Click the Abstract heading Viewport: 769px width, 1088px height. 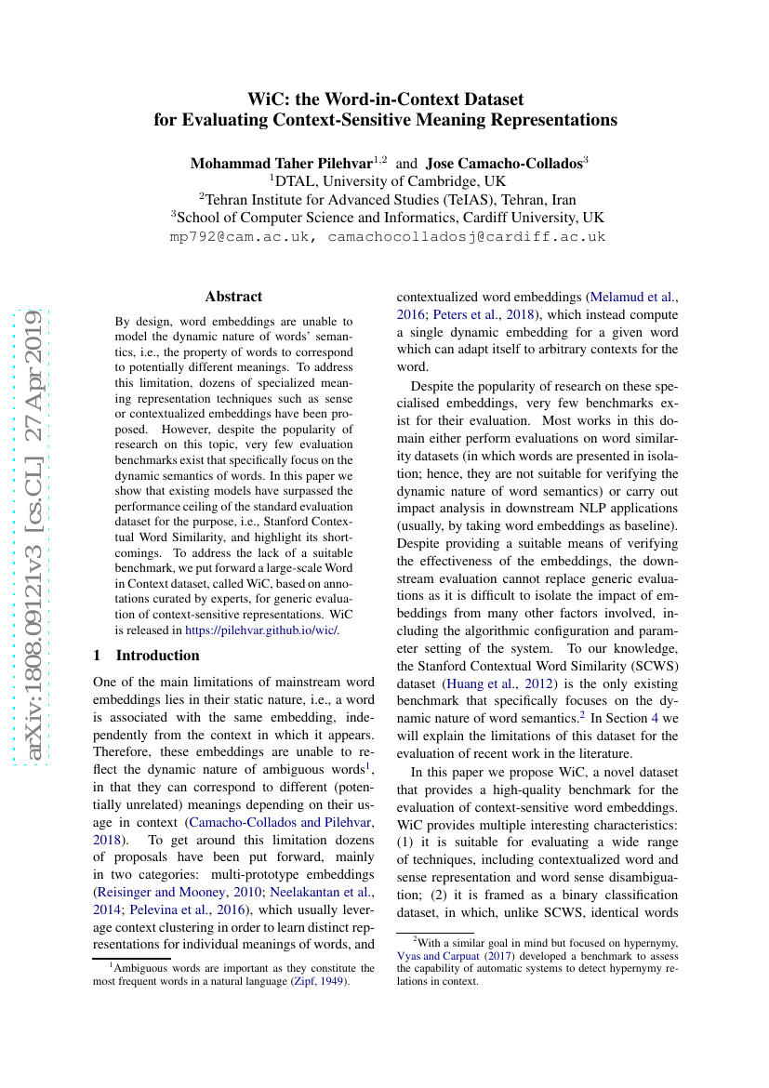pos(233,297)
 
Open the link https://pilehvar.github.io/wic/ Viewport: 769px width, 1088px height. pos(262,630)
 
